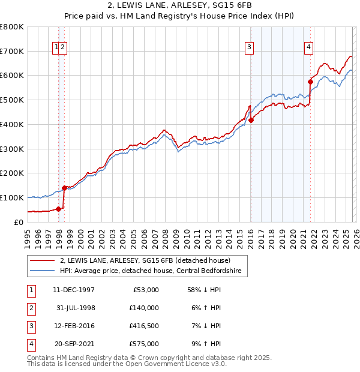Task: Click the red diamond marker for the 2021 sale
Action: tap(310, 82)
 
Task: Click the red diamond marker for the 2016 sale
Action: tap(251, 120)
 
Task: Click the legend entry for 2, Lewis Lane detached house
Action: tap(145, 260)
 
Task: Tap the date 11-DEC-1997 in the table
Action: tap(73, 290)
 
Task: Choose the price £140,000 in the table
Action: tap(144, 308)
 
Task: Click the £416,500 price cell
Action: tap(144, 326)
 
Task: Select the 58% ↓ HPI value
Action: tap(204, 290)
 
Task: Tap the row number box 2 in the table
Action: tap(30, 308)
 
